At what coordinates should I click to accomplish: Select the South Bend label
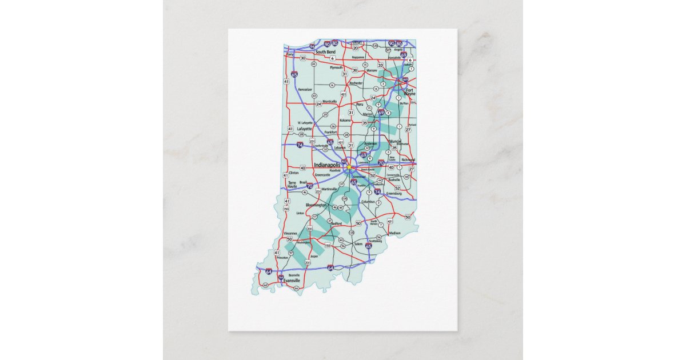pos(325,52)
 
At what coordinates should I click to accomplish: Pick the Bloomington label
pos(316,205)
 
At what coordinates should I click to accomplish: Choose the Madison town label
pos(394,233)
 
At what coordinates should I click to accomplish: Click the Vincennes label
pos(290,233)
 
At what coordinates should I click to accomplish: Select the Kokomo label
pos(345,121)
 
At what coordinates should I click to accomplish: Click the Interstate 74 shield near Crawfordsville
pos(301,146)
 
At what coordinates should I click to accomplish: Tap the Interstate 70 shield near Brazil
pos(309,186)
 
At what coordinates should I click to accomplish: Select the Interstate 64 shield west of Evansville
pos(268,274)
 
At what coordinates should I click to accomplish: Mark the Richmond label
pos(408,160)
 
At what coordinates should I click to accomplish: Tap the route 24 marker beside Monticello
pos(318,105)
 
